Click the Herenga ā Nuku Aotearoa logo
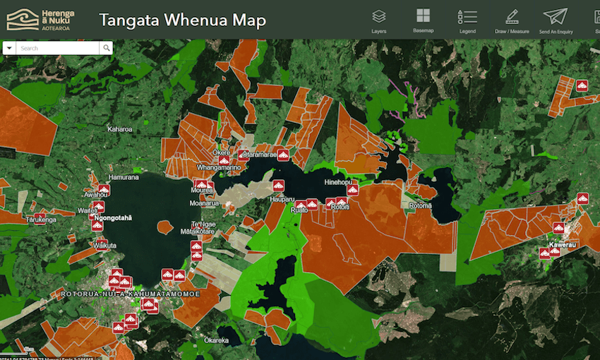[40, 20]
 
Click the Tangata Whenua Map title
[182, 20]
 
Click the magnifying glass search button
[106, 48]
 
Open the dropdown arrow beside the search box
[9, 48]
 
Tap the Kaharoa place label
[119, 129]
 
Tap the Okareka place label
[216, 340]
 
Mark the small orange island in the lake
[164, 227]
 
